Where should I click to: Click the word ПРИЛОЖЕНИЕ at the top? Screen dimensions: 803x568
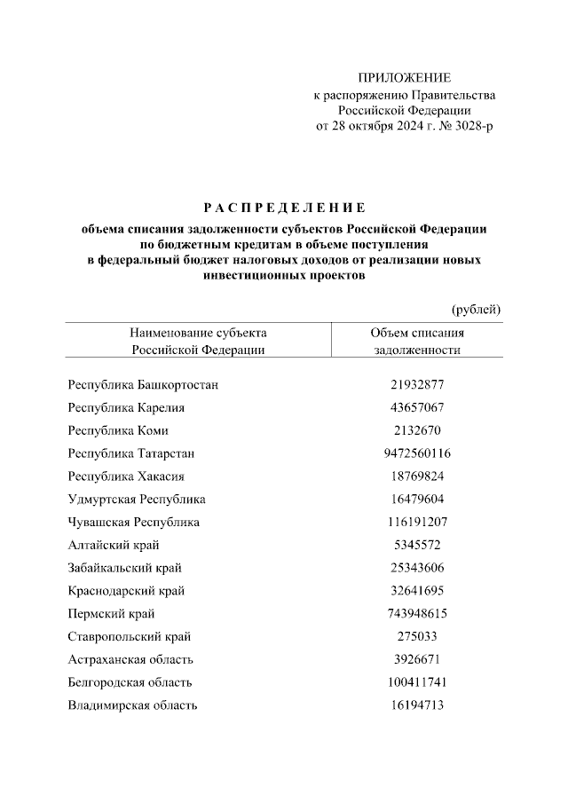404,78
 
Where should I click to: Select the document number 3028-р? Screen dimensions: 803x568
468,126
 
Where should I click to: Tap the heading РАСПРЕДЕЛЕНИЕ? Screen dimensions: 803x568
284,209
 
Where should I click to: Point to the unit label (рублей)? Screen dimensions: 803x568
476,309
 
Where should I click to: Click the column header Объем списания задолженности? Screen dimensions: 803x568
416,342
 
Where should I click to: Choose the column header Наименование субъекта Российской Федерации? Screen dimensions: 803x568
198,342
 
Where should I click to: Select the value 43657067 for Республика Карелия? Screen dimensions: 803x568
416,407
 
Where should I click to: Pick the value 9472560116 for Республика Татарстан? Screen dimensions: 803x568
416,453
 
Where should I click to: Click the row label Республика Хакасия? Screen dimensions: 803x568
126,476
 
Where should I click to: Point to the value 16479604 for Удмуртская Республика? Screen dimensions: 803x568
416,500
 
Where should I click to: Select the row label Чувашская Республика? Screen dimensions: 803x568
134,523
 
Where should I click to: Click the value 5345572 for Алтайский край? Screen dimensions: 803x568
416,546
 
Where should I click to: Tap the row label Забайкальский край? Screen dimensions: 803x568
125,568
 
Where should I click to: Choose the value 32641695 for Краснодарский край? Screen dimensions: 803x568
416,591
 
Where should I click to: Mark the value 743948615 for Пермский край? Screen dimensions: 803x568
416,614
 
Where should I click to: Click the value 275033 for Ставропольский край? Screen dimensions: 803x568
416,637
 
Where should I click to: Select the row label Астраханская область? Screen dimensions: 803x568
130,660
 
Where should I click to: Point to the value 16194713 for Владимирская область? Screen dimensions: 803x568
416,705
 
